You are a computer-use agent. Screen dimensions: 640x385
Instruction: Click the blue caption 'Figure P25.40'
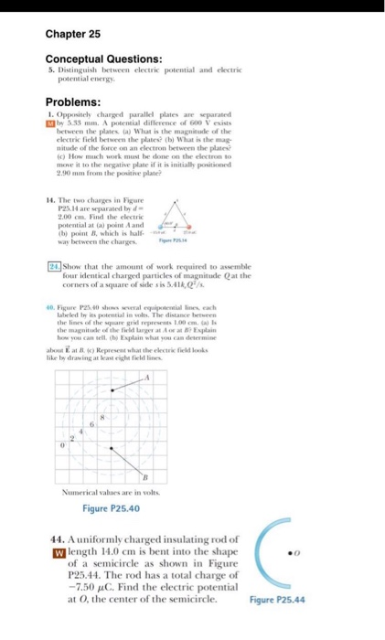112,507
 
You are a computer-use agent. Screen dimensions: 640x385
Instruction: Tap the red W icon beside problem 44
52,551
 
